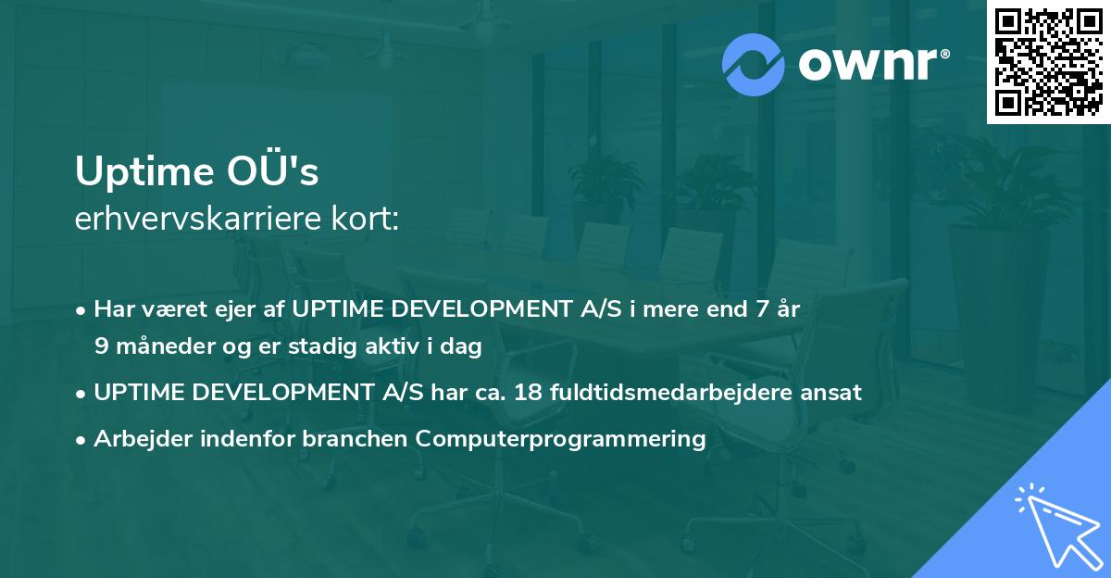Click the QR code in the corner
pos(1048,61)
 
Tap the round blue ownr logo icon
pos(754,65)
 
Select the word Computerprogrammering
pos(561,438)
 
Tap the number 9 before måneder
pos(101,346)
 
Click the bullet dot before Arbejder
pos(82,439)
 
